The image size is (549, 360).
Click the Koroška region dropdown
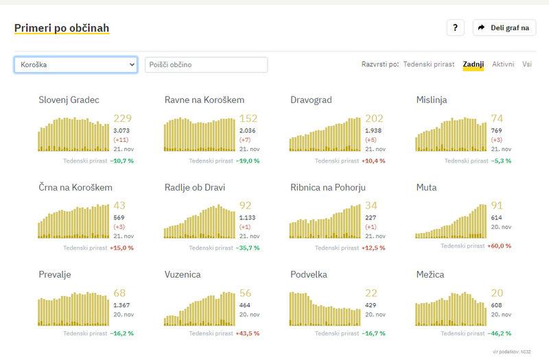[x=75, y=64]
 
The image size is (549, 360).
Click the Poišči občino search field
[x=206, y=64]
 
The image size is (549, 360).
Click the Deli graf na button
[x=504, y=28]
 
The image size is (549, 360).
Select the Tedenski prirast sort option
[x=429, y=64]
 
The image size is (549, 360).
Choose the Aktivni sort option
[x=503, y=64]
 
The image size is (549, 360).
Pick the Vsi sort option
[x=527, y=64]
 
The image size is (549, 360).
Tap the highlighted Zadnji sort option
[x=474, y=64]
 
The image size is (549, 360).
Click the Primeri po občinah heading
[x=62, y=28]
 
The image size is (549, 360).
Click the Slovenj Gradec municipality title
[x=69, y=100]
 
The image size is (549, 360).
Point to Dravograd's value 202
[x=375, y=119]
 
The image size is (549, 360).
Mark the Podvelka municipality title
[x=309, y=274]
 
